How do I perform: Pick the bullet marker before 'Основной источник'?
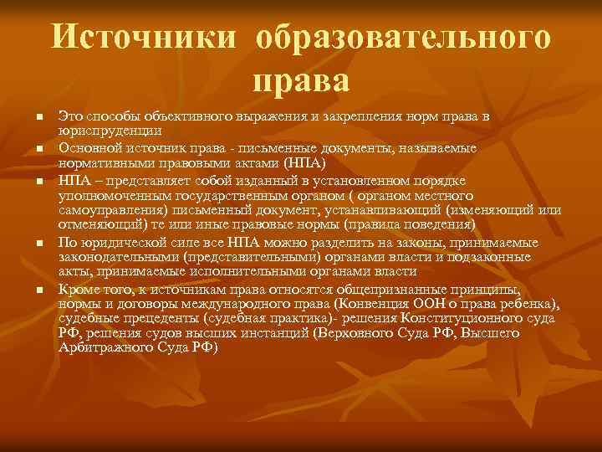(39, 148)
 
